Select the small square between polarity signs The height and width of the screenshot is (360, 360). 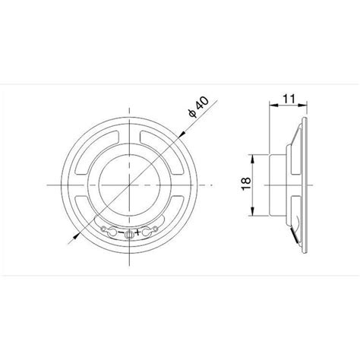pyautogui.click(x=128, y=234)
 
